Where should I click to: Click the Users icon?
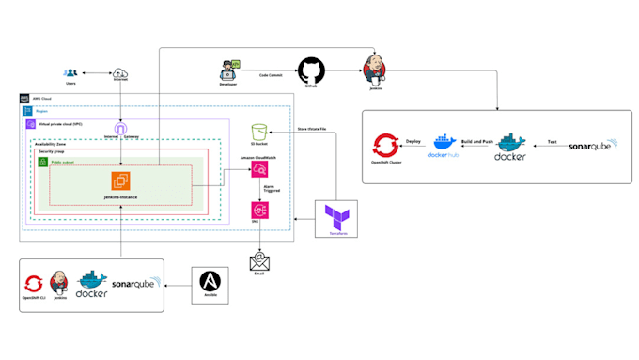70,72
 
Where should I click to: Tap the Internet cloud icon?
120,73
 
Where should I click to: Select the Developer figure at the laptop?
228,71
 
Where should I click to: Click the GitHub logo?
310,70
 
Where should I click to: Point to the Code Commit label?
272,74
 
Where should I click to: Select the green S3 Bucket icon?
260,134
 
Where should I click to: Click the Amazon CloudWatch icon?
259,170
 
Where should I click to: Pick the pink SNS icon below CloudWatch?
259,211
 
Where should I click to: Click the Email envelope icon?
259,262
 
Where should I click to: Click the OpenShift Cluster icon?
385,146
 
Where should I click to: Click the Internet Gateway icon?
120,128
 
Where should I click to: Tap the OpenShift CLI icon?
32,281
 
